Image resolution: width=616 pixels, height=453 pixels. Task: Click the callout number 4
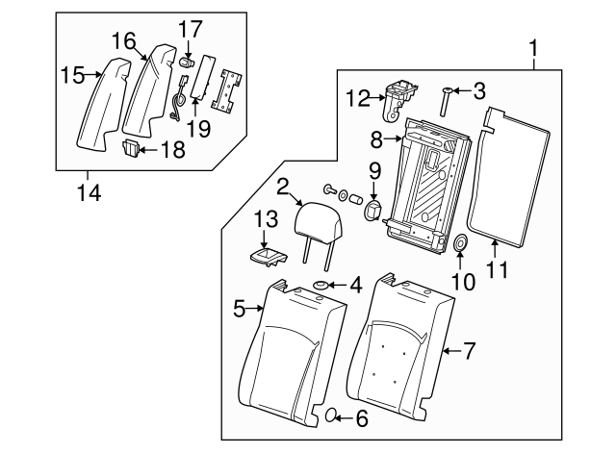355,285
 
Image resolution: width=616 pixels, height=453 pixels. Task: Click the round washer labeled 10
460,243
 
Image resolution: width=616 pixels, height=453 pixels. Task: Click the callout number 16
123,40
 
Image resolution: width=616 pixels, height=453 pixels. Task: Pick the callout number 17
190,29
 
